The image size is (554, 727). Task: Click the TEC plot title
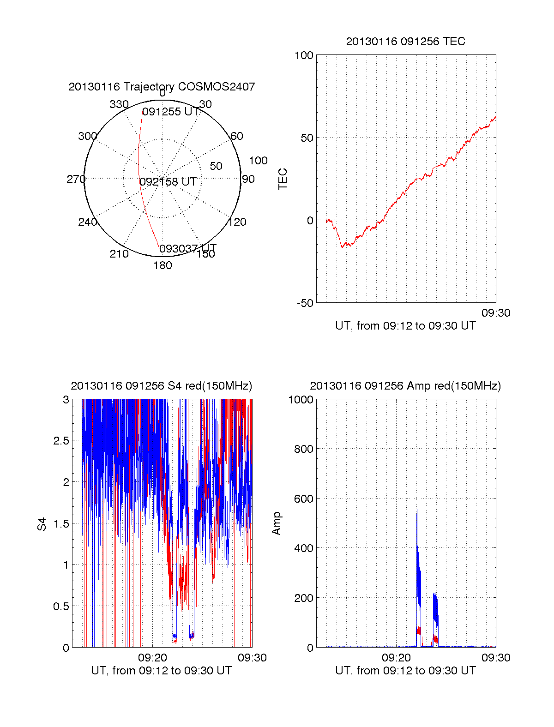(x=405, y=42)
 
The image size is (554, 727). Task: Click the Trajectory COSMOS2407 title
(x=162, y=87)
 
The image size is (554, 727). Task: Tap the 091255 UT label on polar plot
(x=170, y=112)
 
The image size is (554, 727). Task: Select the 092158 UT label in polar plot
(x=168, y=182)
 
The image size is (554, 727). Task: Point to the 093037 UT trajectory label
(x=188, y=249)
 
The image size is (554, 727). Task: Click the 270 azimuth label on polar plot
(x=76, y=179)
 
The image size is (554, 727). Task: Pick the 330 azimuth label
(x=119, y=104)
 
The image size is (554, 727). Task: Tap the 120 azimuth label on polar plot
(x=237, y=222)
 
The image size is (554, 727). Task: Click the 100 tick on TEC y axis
(x=304, y=56)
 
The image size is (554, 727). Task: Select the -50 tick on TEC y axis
(x=305, y=303)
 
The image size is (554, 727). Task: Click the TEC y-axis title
(x=283, y=179)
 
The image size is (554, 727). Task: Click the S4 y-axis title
(x=42, y=524)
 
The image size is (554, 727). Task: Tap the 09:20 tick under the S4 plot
(x=152, y=658)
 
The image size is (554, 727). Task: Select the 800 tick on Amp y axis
(x=303, y=449)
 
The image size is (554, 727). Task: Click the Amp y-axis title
(x=276, y=523)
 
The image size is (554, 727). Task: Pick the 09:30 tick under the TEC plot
(x=496, y=313)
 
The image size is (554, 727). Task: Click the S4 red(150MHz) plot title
(x=162, y=386)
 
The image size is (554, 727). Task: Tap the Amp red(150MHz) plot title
(x=405, y=386)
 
